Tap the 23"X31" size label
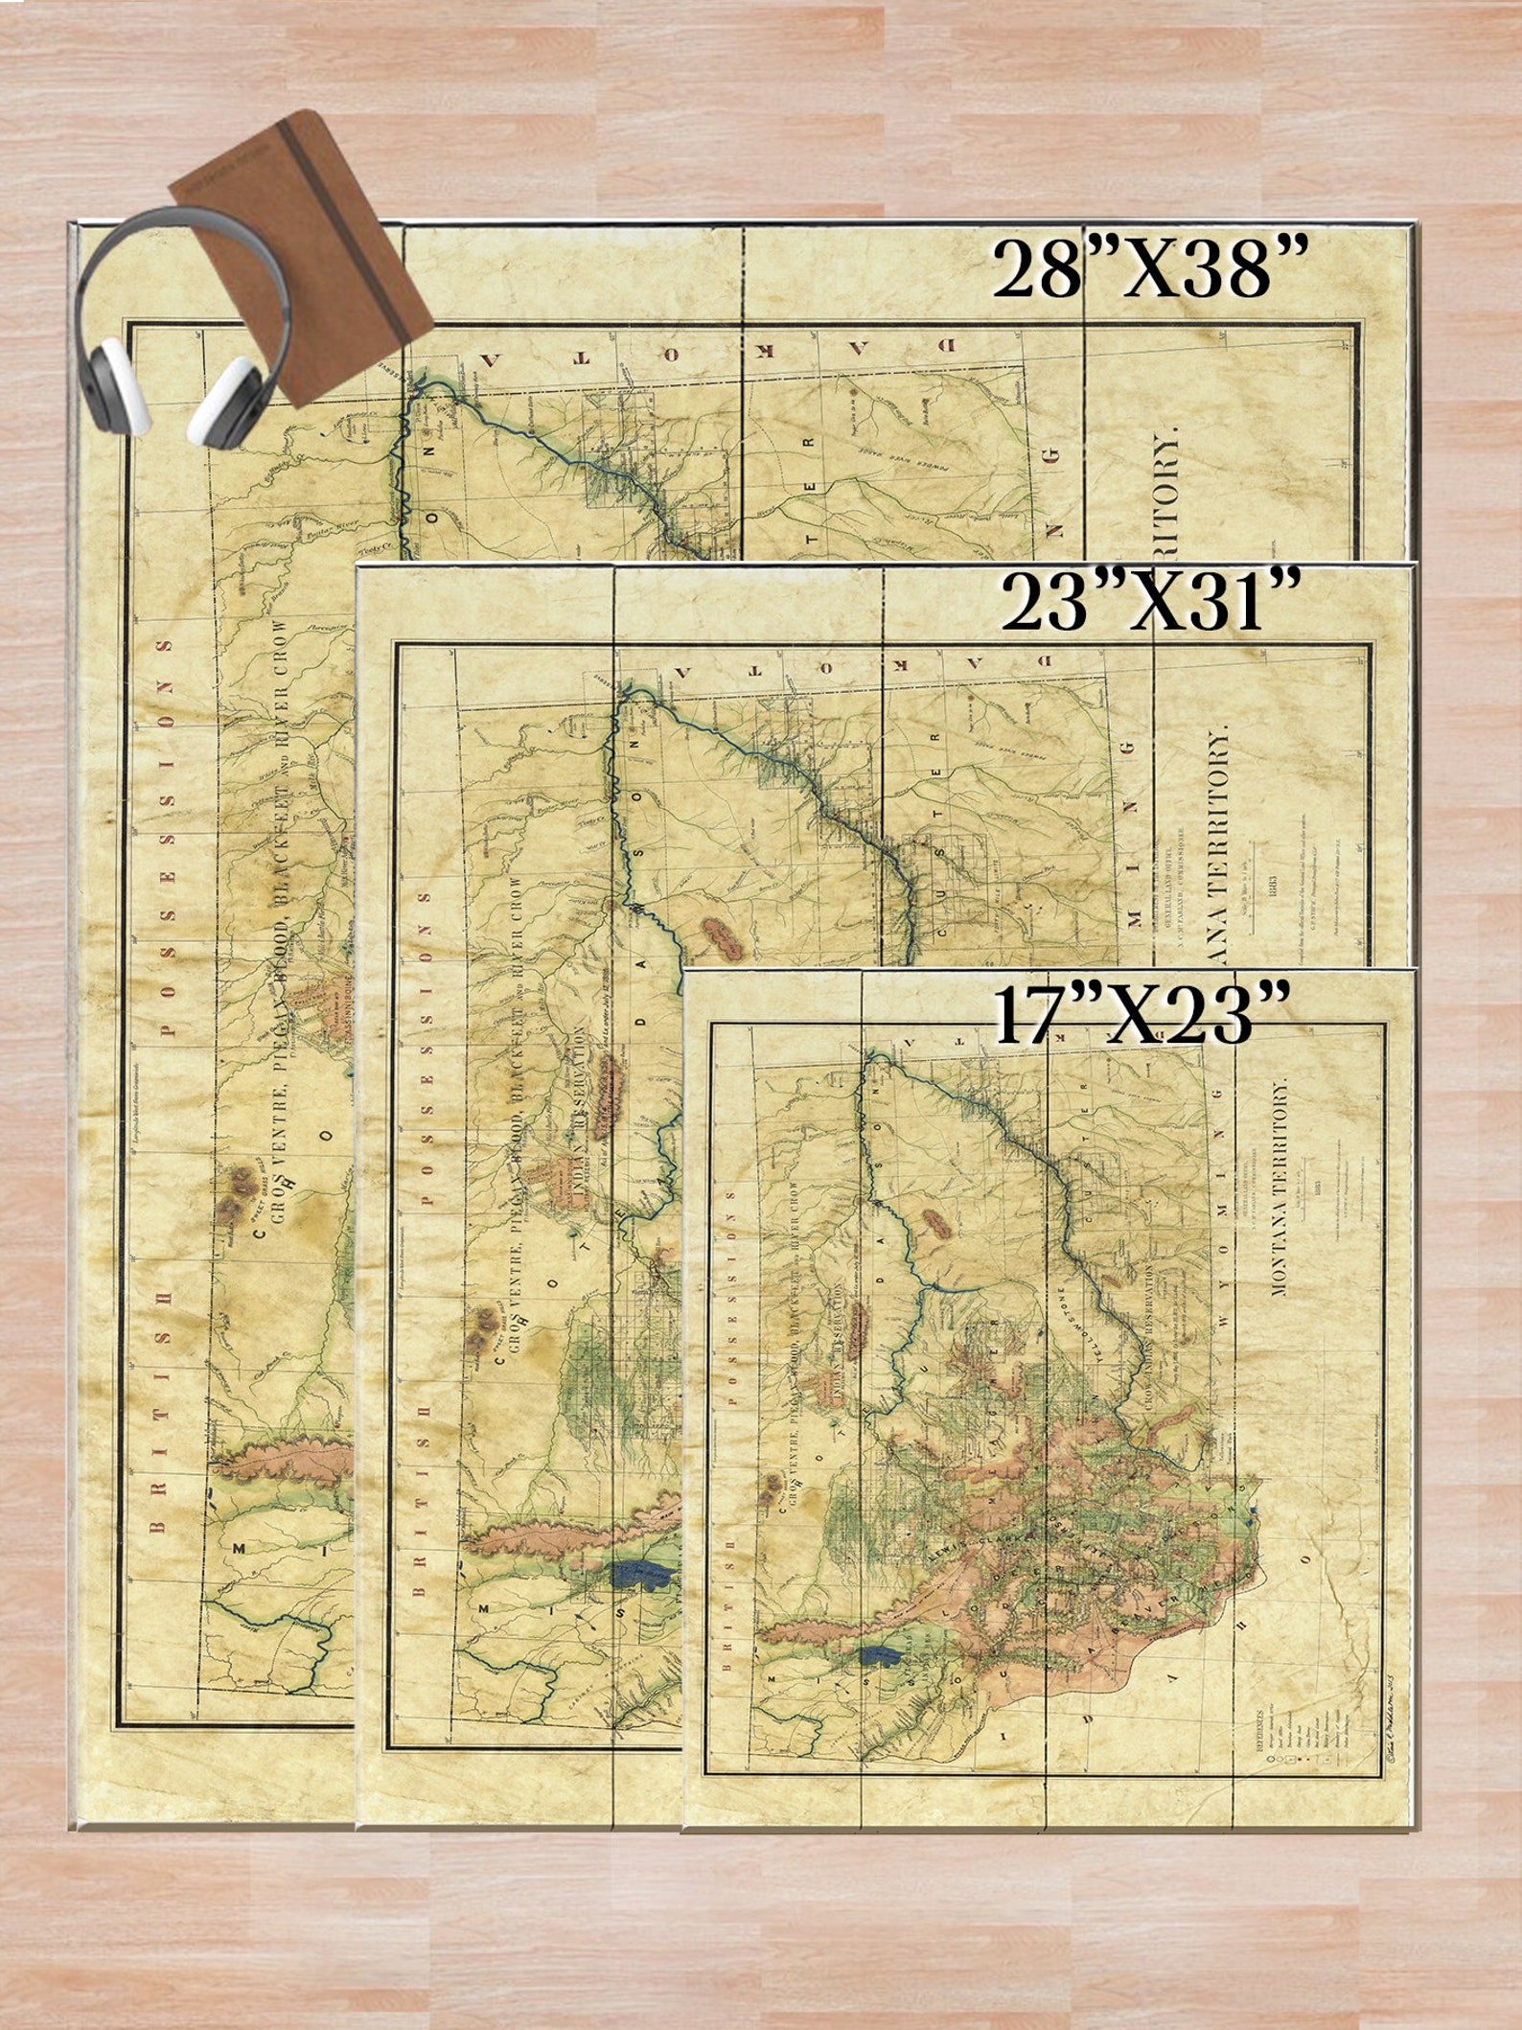(x=1150, y=601)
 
